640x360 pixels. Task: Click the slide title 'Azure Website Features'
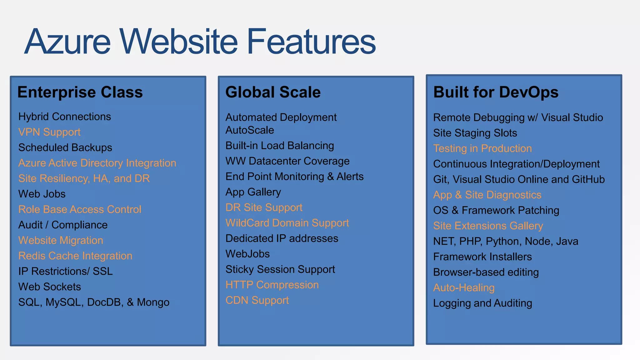[x=200, y=41]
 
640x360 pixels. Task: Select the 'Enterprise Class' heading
[x=80, y=92]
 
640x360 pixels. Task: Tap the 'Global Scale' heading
[x=273, y=92]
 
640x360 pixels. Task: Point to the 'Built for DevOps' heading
[x=496, y=92]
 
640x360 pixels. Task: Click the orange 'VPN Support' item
[x=49, y=132]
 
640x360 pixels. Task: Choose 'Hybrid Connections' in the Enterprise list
[x=65, y=117]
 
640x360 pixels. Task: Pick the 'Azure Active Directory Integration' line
[x=97, y=163]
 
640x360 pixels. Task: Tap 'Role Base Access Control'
[x=80, y=209]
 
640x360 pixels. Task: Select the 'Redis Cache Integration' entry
[x=75, y=256]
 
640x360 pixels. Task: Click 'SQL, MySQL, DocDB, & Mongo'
[x=94, y=302]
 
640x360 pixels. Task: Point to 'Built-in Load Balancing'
[x=280, y=146]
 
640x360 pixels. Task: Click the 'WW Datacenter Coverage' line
[x=287, y=161]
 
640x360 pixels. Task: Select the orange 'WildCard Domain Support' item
[x=287, y=223]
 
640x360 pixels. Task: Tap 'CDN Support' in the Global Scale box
[x=257, y=300]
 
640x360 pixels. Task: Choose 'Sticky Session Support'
[x=280, y=269]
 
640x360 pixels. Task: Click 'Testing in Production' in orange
[x=482, y=148]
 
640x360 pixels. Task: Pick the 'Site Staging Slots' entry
[x=475, y=133]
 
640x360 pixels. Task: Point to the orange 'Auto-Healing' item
[x=464, y=288]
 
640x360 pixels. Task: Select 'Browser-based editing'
[x=486, y=272]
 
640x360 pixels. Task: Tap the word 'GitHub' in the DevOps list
[x=588, y=179]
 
